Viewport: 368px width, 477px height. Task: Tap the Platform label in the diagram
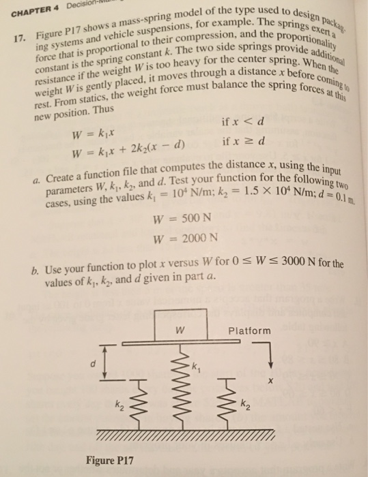click(x=249, y=332)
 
